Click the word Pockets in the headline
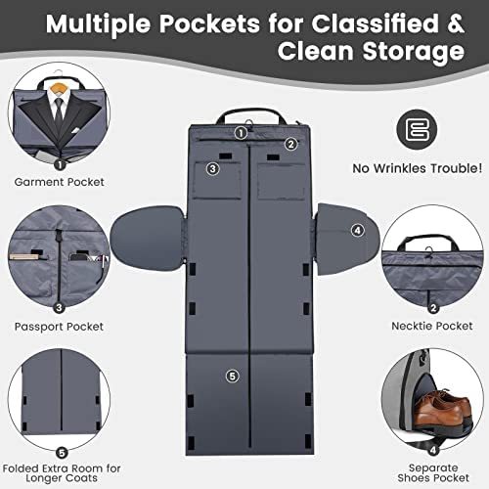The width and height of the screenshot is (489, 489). pos(209,23)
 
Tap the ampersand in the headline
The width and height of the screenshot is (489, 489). pos(455,22)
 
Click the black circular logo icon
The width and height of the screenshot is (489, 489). pos(417,129)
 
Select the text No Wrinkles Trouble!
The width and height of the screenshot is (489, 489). pos(418,168)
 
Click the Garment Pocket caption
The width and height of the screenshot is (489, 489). pos(60,182)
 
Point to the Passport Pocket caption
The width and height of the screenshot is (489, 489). pos(59,327)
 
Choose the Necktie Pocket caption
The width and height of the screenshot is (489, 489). pos(432,326)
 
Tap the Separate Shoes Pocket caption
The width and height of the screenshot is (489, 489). pos(433,472)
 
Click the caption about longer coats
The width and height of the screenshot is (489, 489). pos(62,473)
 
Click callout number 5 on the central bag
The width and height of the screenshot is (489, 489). pos(233,376)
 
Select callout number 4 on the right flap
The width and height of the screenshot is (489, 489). pos(358,231)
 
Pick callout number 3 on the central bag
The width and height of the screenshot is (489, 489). pos(213,168)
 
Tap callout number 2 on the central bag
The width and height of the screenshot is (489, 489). pos(290,144)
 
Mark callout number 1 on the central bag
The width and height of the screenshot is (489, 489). pos(241,133)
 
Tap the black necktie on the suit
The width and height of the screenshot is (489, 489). pos(59,111)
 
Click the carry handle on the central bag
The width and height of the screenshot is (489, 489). pos(251,114)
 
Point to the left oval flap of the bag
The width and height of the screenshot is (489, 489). pos(148,239)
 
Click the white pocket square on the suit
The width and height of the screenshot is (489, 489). pos(75,130)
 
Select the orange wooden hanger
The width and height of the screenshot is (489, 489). pos(59,87)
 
